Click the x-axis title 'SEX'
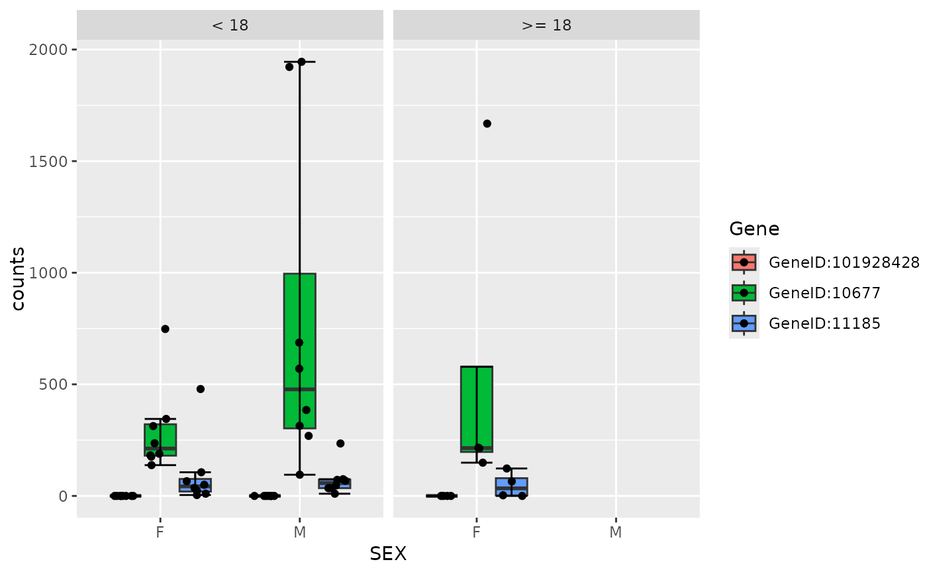coord(388,554)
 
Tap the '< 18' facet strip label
coord(230,26)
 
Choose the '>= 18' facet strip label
coord(546,26)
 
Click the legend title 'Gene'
coord(754,229)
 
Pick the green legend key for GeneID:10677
coord(744,293)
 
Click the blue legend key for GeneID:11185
coord(744,323)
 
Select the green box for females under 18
coord(160,439)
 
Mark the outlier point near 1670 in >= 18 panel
coord(487,124)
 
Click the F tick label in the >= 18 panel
coord(476,532)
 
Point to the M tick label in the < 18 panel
coord(299,532)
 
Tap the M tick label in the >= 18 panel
coord(616,532)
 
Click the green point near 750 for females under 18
coord(166,329)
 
